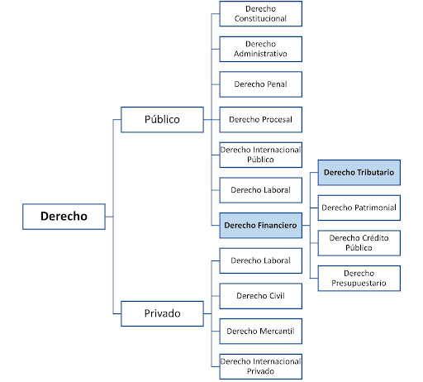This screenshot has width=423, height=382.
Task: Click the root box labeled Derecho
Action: pos(64,217)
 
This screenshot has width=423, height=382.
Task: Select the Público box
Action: pos(162,120)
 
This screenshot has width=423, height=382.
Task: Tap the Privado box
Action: pos(162,313)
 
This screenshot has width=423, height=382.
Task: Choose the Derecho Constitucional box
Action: pos(260,14)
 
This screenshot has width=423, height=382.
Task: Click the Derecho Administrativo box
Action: pos(260,49)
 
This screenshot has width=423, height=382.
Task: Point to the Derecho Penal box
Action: pos(260,84)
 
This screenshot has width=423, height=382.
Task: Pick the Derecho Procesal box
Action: pos(260,120)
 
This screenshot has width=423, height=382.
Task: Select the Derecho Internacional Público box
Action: pos(260,155)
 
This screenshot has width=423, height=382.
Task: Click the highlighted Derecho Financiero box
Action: pos(260,226)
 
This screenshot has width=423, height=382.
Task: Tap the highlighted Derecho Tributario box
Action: pos(359,173)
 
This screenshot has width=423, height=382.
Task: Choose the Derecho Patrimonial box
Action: pos(359,208)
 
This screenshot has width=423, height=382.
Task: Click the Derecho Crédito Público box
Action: pos(359,243)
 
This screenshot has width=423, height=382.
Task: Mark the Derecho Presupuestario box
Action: pos(359,279)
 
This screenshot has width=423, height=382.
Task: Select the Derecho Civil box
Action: pos(260,296)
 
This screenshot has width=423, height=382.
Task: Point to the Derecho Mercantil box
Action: pos(260,332)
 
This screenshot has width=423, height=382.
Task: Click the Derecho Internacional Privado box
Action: pos(260,366)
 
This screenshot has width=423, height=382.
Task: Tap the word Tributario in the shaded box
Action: pos(376,173)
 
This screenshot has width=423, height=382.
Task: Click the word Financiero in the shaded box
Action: pos(278,226)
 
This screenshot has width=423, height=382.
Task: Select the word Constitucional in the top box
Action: pos(260,18)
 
